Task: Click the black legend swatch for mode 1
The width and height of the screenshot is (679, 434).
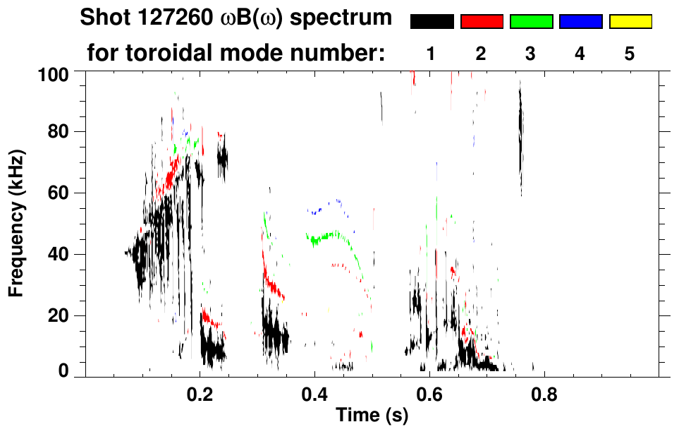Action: [432, 22]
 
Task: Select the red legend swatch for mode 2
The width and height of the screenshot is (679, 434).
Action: [482, 22]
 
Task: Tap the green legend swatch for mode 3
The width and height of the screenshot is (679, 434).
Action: [531, 22]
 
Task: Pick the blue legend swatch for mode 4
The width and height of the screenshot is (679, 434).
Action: [580, 22]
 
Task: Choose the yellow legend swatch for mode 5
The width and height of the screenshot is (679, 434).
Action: [630, 22]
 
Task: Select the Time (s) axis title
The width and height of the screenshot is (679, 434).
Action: [371, 416]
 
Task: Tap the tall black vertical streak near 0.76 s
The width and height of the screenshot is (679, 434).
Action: [520, 134]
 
